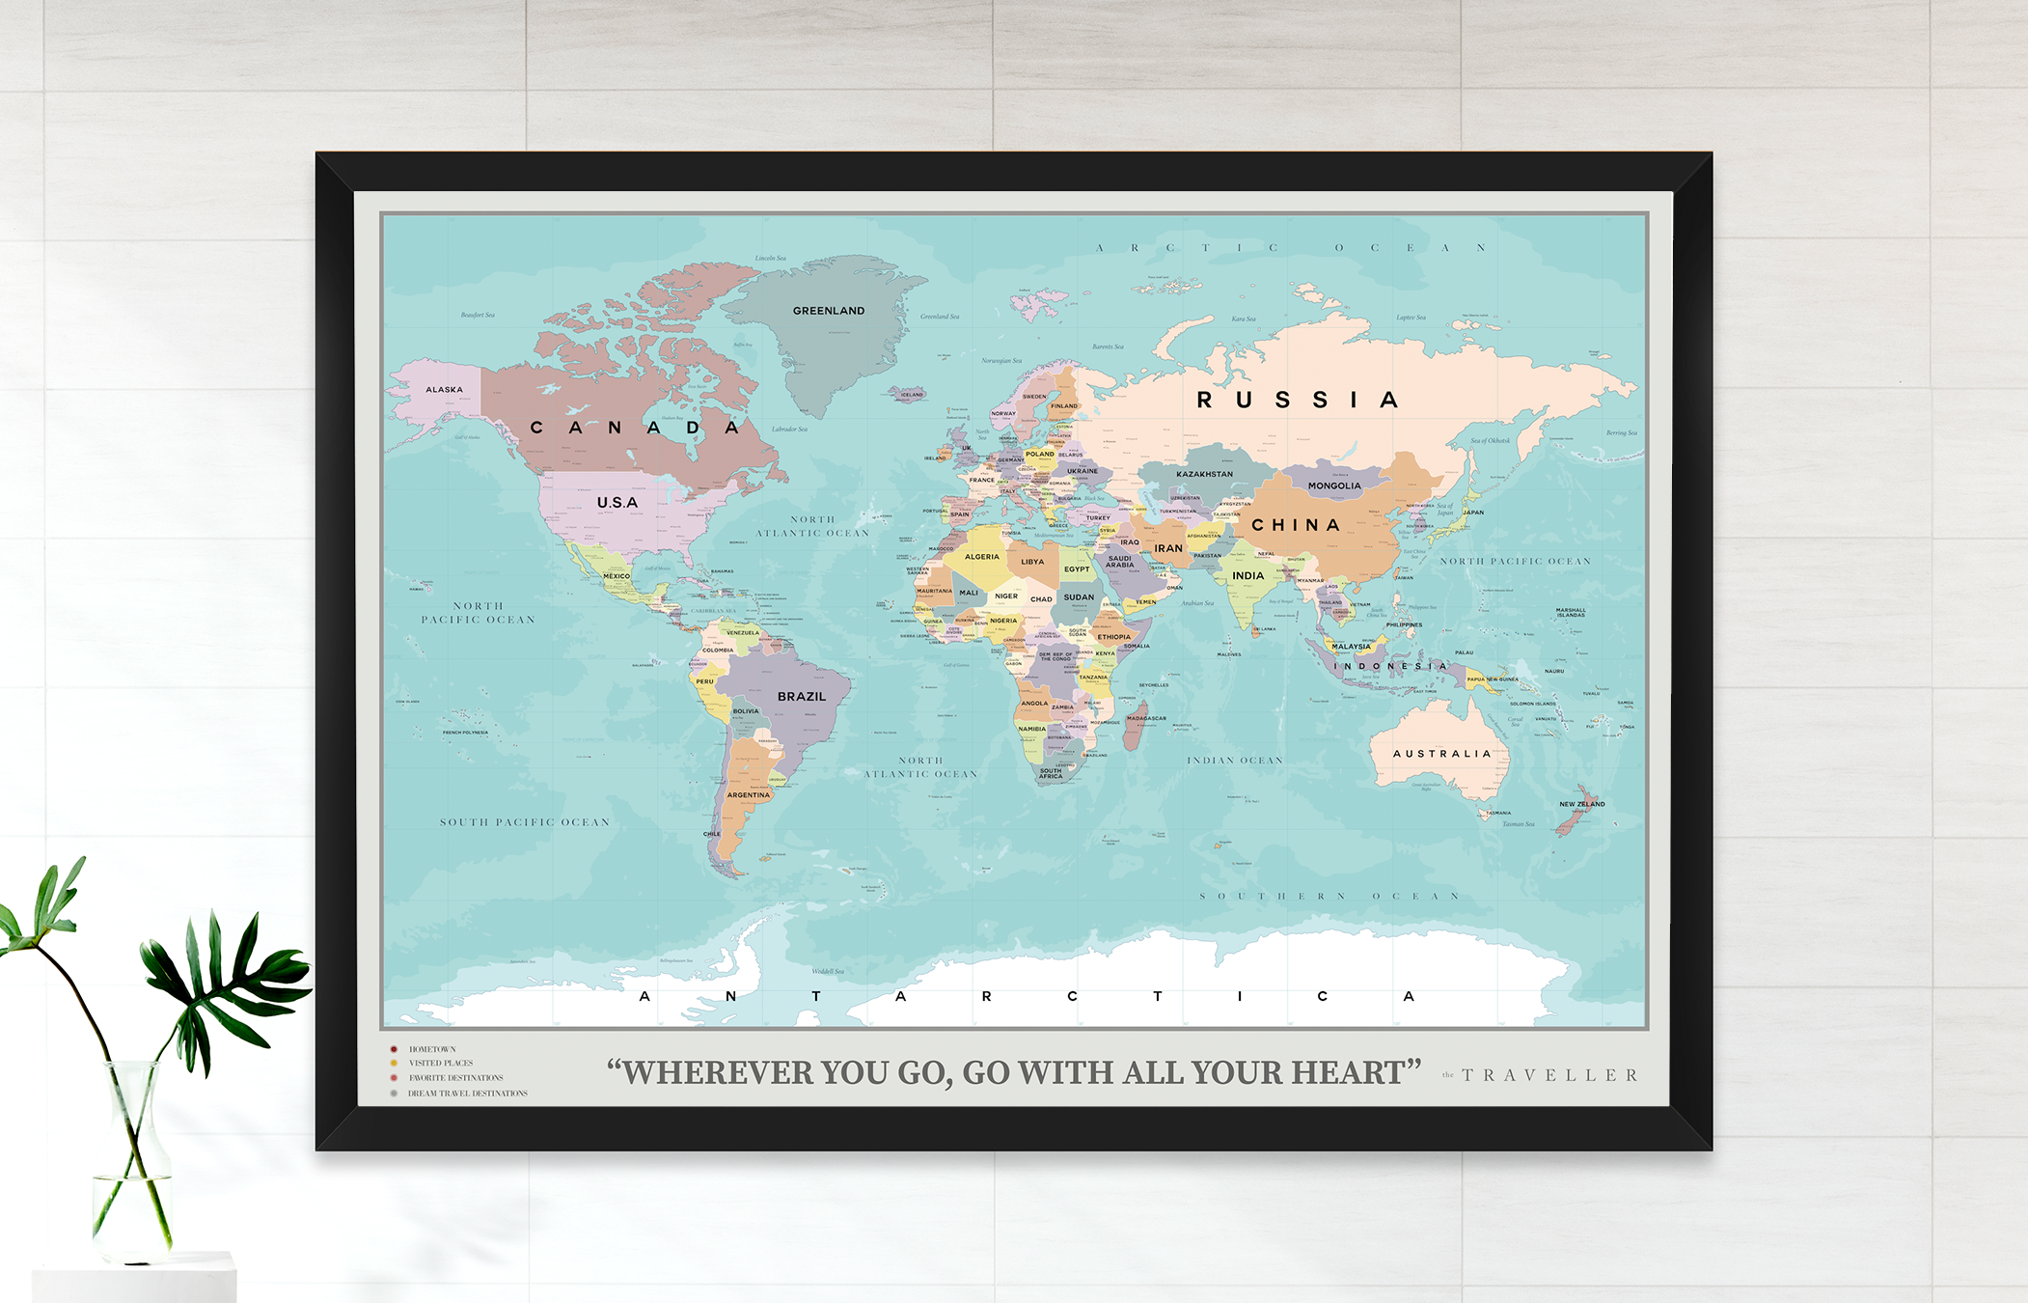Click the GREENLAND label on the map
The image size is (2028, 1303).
(x=828, y=311)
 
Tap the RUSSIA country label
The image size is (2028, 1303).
(x=1297, y=400)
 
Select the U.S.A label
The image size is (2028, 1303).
(x=617, y=503)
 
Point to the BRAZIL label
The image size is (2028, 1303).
(x=801, y=696)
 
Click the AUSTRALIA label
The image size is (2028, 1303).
(x=1441, y=754)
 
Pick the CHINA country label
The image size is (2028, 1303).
(x=1296, y=525)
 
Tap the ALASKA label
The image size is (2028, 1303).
(x=444, y=390)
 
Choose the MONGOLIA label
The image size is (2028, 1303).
(x=1333, y=485)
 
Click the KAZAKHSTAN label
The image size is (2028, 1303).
(x=1204, y=474)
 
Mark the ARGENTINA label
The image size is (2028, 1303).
(x=748, y=795)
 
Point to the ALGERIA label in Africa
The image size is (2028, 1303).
(x=981, y=557)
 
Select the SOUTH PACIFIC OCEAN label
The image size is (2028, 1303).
(x=525, y=822)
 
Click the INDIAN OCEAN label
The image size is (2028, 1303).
(x=1234, y=761)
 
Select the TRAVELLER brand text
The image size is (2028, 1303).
(x=1549, y=1075)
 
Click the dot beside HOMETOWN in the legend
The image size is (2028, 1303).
(x=394, y=1049)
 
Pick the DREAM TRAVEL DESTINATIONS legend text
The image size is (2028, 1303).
(x=467, y=1094)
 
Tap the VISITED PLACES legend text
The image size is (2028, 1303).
(x=440, y=1063)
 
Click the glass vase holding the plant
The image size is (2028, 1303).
(x=132, y=1168)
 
